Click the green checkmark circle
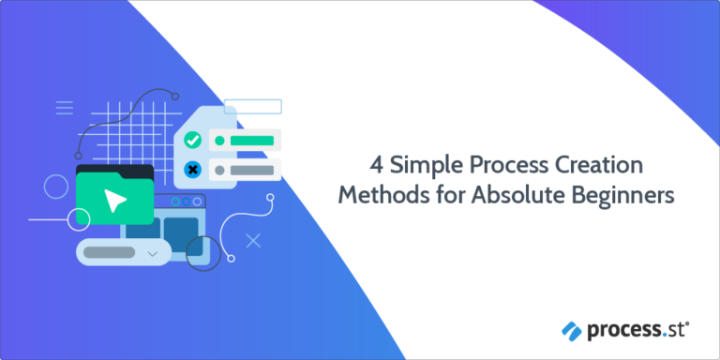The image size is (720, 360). pos(193,141)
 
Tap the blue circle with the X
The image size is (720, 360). pos(193,170)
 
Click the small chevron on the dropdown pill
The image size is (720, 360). pos(153,252)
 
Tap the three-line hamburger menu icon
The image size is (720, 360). pos(65,108)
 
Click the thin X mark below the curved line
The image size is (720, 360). pos(252,241)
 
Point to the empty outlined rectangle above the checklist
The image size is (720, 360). pos(253,106)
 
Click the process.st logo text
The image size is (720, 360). pos(637,329)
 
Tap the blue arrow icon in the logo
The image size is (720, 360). pos(573,330)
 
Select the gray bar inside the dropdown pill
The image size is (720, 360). pos(110,251)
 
